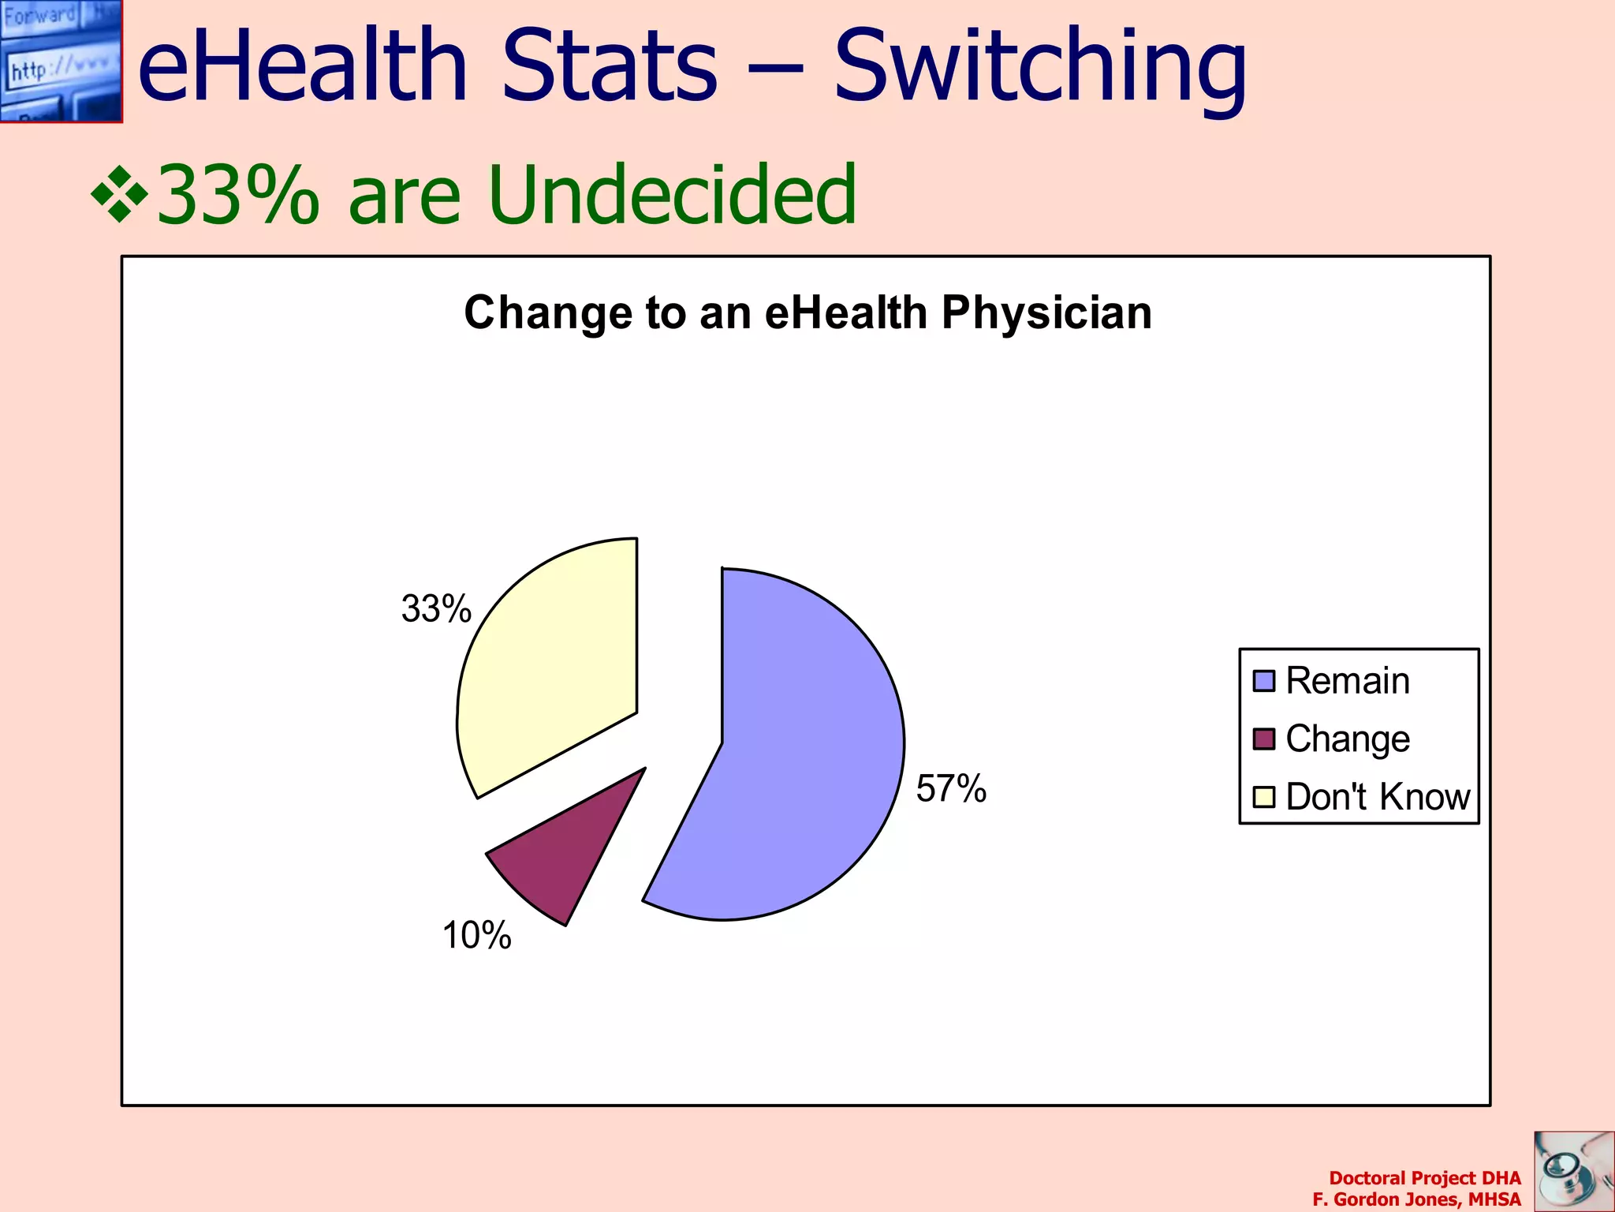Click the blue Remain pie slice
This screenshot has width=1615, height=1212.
pos(796,757)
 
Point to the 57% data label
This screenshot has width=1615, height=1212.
pos(951,788)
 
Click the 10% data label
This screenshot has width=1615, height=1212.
pos(476,935)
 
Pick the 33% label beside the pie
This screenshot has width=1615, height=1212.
pos(436,608)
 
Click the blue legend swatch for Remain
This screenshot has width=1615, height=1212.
pos(1263,681)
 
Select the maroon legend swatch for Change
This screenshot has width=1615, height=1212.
pos(1263,739)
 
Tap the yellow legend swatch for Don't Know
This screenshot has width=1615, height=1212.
pos(1263,797)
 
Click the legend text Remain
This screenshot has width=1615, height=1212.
pos(1348,681)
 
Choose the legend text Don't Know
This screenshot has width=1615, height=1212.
pos(1378,797)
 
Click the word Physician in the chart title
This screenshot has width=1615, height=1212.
pos(1046,313)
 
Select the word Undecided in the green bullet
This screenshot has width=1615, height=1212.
pos(672,194)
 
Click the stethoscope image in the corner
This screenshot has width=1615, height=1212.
pos(1573,1171)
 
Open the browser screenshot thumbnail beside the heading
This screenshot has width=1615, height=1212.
pos(61,61)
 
